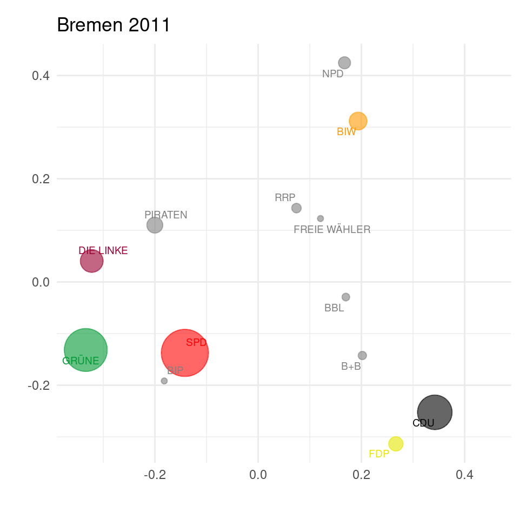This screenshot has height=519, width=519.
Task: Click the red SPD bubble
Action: [x=185, y=352]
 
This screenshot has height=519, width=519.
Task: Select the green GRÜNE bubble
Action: [x=85, y=350]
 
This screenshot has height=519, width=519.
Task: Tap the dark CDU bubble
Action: [x=435, y=412]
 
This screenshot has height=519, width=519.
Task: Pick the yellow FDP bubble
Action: [x=396, y=444]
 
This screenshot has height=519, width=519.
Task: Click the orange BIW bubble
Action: [x=358, y=121]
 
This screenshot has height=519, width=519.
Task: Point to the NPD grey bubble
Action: [x=344, y=63]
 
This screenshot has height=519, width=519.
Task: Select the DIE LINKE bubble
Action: [x=92, y=261]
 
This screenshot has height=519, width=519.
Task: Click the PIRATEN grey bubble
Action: [x=155, y=225]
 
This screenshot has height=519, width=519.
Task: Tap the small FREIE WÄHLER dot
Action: [x=321, y=218]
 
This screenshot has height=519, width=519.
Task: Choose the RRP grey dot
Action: [x=296, y=208]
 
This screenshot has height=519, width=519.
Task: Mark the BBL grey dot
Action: [x=346, y=297]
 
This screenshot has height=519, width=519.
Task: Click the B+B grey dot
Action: [x=362, y=355]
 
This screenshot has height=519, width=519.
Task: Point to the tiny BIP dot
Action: [x=164, y=381]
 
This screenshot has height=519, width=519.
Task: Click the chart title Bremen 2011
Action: [x=114, y=25]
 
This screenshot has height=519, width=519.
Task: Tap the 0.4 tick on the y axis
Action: [x=41, y=76]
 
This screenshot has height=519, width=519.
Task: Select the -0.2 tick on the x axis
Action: [x=155, y=475]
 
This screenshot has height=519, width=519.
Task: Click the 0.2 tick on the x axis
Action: [x=361, y=475]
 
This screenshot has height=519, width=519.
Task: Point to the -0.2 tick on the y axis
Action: [x=38, y=385]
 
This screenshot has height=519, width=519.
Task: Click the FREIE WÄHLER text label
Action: [x=332, y=230]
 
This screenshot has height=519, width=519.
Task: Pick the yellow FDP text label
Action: [x=379, y=454]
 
